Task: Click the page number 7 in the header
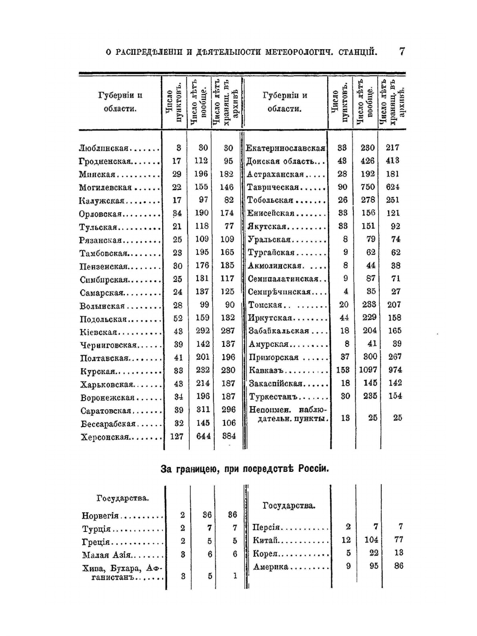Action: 402,52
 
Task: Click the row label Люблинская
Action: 104,148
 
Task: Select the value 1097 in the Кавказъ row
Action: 367,370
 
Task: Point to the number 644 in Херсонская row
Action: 203,437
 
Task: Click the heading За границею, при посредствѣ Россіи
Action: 245,469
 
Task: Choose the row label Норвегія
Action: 100,516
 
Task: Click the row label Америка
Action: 271,567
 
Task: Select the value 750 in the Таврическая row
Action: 368,187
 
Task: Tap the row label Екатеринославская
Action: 285,148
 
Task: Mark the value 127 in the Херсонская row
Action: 176,437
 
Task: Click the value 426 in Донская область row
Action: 368,161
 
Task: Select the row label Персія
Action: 266,527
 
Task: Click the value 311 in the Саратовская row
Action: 203,410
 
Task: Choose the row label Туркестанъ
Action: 273,396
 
